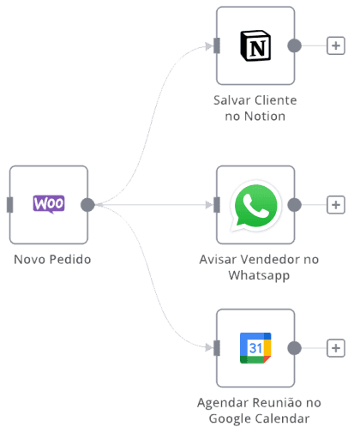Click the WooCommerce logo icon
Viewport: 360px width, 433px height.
coord(49,204)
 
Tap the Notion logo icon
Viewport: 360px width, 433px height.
coord(255,45)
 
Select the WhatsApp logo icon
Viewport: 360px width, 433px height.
coord(255,206)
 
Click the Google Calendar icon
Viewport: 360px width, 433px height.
coord(255,348)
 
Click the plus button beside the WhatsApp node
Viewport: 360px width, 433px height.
coord(336,205)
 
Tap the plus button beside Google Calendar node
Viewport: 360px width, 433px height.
coord(336,348)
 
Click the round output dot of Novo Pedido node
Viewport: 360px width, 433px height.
coord(87,205)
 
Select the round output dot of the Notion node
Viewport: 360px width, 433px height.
coord(294,45)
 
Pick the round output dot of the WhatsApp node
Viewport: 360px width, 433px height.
coord(294,205)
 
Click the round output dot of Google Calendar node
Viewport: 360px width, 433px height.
coord(294,348)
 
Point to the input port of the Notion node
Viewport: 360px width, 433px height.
coord(217,45)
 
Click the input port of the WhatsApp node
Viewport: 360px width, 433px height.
coord(217,205)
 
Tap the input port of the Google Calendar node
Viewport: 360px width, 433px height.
coord(217,348)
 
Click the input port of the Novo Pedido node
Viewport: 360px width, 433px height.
coord(10,205)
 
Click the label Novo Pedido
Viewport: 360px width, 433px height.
coord(52,260)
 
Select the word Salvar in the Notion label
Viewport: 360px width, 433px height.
coord(232,100)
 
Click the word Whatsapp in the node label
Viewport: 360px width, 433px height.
coord(259,276)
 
